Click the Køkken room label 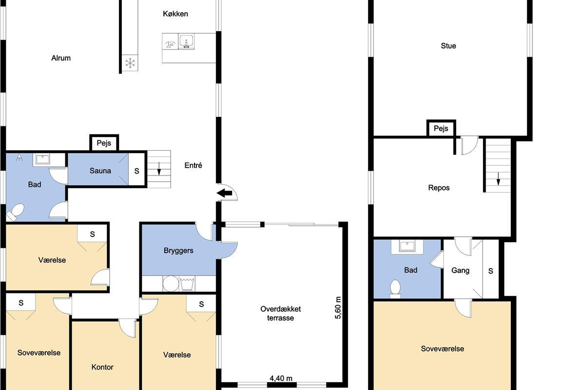175,14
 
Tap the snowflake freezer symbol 130,63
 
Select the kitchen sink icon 186,41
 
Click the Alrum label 61,58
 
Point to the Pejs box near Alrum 104,143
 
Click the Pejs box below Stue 441,128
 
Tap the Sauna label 100,171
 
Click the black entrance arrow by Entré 224,194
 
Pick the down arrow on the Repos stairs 498,179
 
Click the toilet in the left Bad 16,212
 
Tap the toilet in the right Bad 395,289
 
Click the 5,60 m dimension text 338,308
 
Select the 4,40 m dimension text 281,378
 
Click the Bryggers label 178,251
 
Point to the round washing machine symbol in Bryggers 171,283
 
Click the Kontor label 102,367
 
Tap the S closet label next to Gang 491,271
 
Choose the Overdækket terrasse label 280,313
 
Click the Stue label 448,46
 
